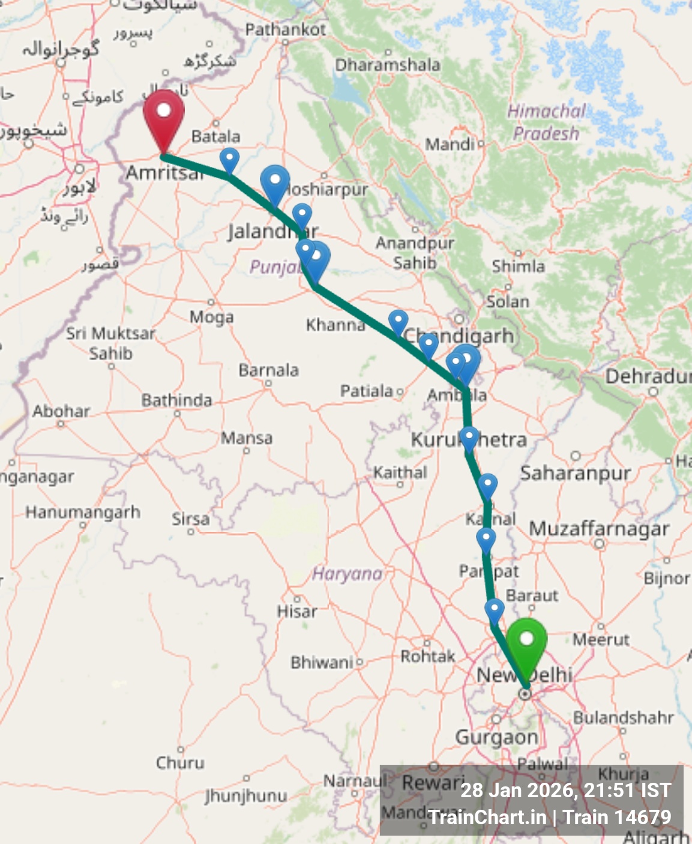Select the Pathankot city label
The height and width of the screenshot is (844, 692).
point(286,29)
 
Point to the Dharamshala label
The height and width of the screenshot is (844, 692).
point(388,65)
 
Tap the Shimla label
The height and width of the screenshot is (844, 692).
point(519,266)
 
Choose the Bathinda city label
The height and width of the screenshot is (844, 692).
point(176,400)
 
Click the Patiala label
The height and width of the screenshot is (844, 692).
point(367,391)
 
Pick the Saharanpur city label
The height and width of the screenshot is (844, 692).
point(575,474)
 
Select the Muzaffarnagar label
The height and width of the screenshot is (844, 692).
point(599,529)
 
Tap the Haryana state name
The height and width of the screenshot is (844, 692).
point(348,574)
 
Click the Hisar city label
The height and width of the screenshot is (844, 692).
point(297,612)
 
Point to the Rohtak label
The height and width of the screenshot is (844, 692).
point(428,656)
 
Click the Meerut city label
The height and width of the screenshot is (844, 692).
point(601,640)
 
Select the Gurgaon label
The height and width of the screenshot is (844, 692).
point(496,737)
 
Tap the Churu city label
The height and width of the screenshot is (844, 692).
point(180,763)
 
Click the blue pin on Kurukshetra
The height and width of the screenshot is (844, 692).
point(469,436)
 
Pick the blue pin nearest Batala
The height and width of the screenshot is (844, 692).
point(229,159)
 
